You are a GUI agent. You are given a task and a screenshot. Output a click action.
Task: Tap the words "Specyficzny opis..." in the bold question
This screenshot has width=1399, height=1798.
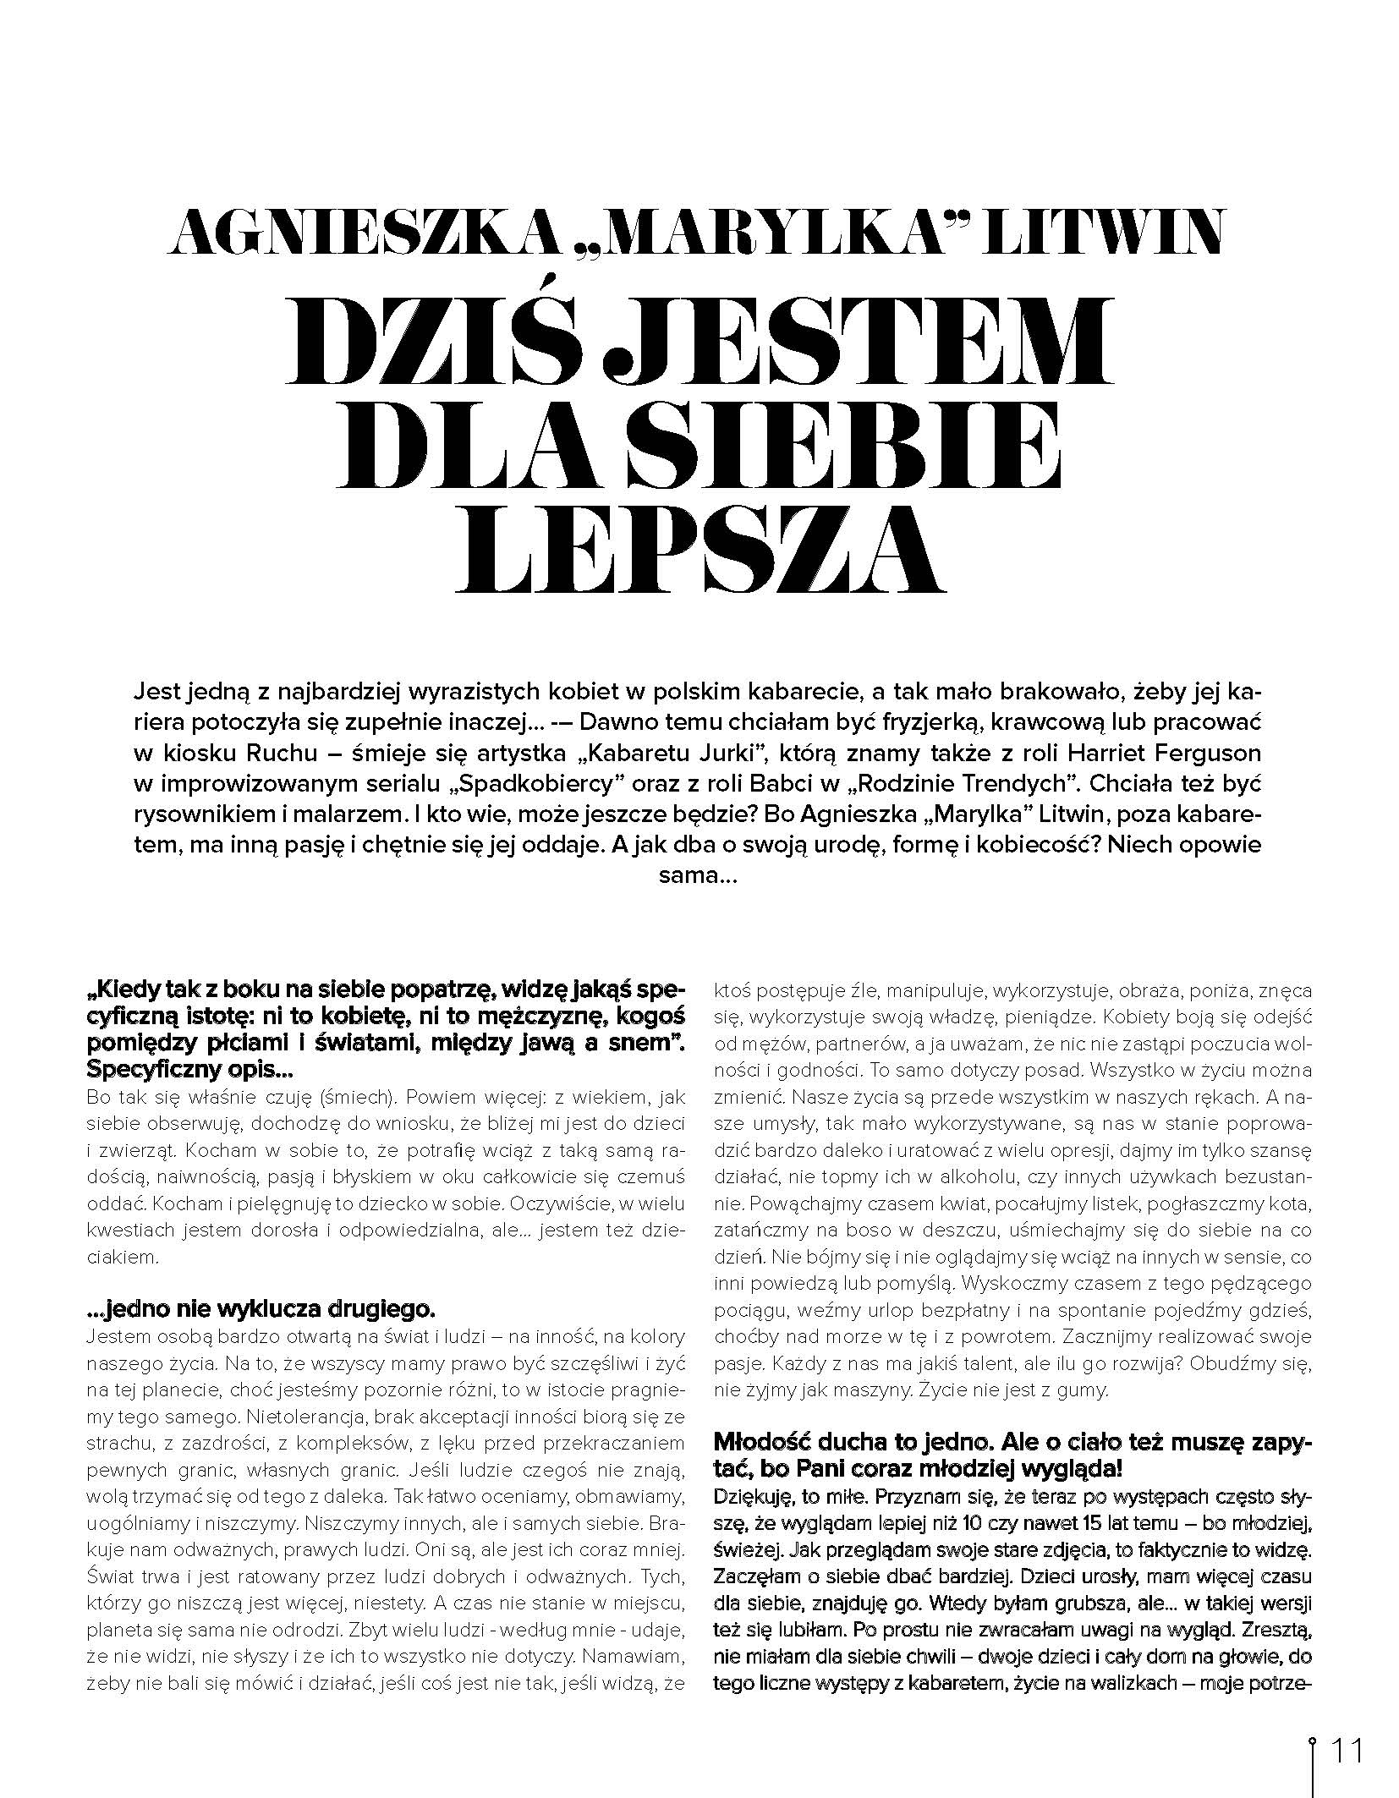coord(189,1070)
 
